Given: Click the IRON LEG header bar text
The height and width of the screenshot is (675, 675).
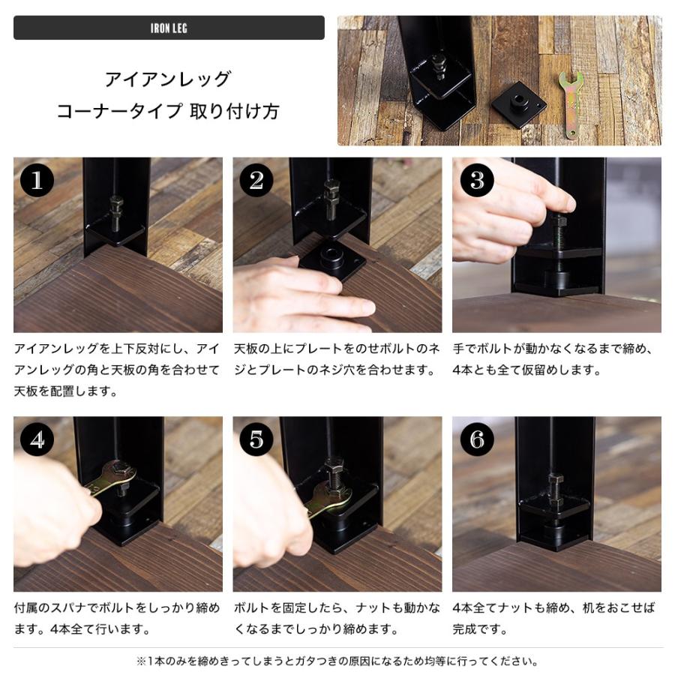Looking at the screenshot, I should point(169,28).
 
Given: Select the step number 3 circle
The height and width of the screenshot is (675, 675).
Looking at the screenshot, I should point(477,181).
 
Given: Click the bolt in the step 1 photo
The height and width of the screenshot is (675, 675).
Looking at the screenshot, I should point(116,214).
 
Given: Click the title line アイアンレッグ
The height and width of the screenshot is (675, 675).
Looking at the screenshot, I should point(168,79).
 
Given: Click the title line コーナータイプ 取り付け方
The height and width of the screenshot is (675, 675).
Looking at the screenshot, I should point(168,112).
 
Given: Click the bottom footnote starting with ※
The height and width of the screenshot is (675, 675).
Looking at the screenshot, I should point(337,661).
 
